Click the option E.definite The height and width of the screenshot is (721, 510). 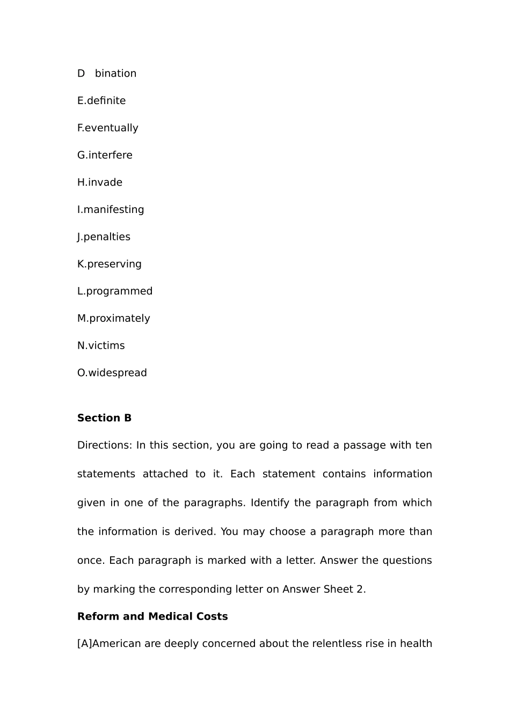[101, 101]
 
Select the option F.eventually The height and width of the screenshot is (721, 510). [108, 128]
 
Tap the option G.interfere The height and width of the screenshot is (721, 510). [105, 155]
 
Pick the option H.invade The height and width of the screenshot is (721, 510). [100, 182]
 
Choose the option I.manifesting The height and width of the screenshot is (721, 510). [111, 210]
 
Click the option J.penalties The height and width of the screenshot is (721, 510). [104, 237]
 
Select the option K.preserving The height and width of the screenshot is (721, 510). [110, 264]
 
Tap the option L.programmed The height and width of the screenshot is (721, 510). [115, 291]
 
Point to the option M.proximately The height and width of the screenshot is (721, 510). [114, 319]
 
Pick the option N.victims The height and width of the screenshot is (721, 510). [101, 346]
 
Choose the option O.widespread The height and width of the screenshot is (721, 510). [112, 373]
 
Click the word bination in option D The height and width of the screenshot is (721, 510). [115, 73]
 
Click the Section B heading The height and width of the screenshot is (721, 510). [104, 418]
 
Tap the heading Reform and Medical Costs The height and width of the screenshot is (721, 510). [152, 616]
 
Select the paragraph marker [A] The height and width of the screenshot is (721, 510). [84, 644]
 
